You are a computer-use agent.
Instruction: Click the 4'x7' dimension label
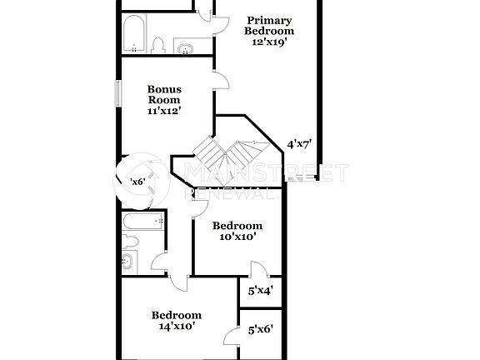pyautogui.click(x=298, y=143)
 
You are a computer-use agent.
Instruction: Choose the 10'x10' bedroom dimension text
pyautogui.click(x=237, y=237)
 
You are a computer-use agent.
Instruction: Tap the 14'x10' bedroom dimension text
pyautogui.click(x=176, y=327)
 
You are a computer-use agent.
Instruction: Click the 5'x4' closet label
pyautogui.click(x=261, y=291)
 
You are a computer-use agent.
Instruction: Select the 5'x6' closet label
pyautogui.click(x=261, y=330)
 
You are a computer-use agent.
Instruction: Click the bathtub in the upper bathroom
pyautogui.click(x=133, y=35)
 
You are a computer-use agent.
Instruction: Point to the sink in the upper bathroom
pyautogui.click(x=185, y=47)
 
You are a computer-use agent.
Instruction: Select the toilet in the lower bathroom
pyautogui.click(x=129, y=243)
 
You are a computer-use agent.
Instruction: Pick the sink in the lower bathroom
pyautogui.click(x=128, y=262)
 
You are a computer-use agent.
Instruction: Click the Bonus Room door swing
pyautogui.click(x=221, y=79)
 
